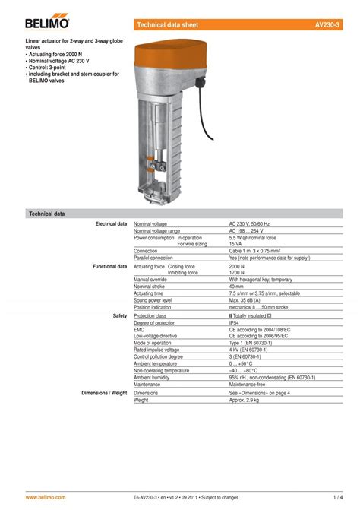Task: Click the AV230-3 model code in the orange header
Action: pyautogui.click(x=327, y=25)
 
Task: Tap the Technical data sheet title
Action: pyautogui.click(x=167, y=25)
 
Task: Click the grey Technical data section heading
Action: pyautogui.click(x=47, y=214)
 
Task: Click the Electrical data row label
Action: pyautogui.click(x=110, y=224)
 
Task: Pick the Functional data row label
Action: pyautogui.click(x=109, y=267)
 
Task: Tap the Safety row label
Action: pyautogui.click(x=119, y=315)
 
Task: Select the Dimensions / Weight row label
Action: pyautogui.click(x=104, y=393)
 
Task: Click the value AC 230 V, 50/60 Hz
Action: pyautogui.click(x=249, y=224)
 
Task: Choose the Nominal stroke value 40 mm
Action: pyautogui.click(x=237, y=287)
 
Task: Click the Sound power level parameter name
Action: pyautogui.click(x=157, y=299)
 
